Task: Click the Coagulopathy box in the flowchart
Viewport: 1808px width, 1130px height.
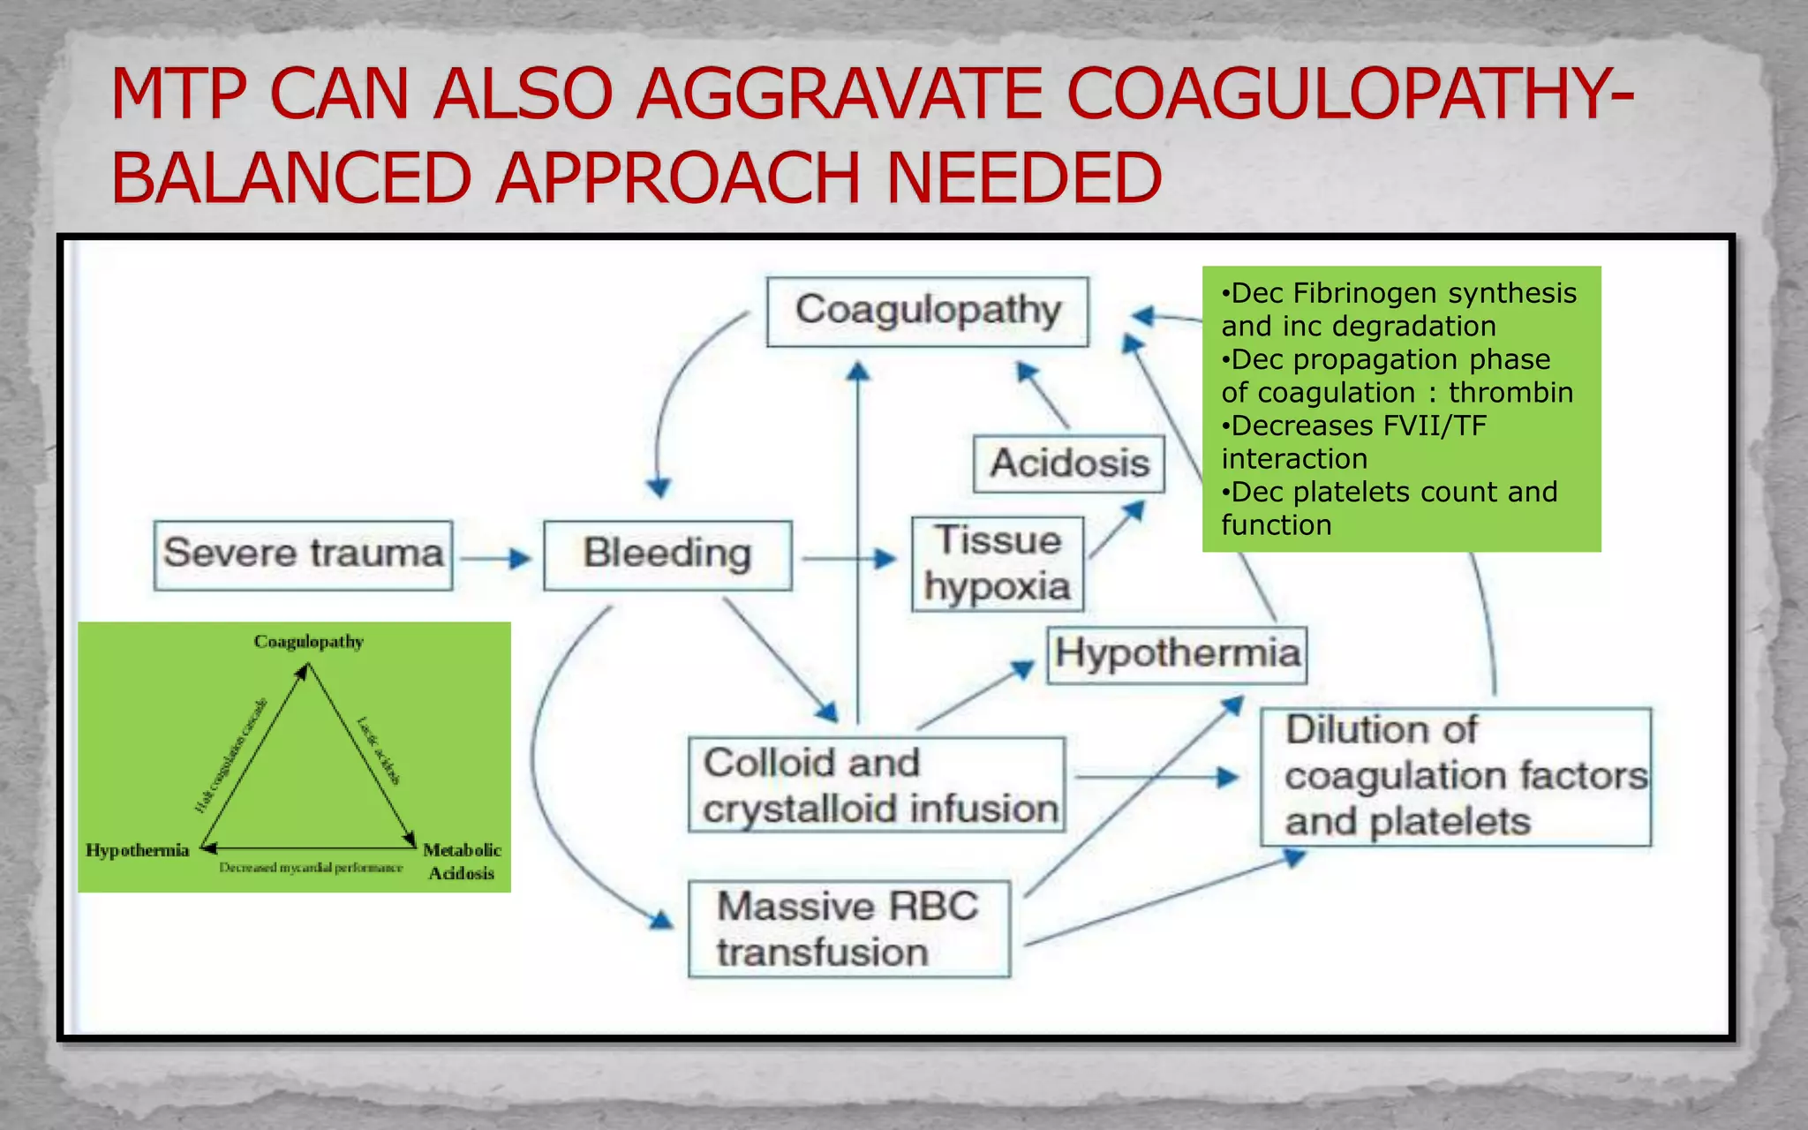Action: click(927, 312)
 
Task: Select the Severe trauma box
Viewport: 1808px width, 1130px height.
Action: click(303, 554)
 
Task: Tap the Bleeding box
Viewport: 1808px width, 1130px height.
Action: click(667, 554)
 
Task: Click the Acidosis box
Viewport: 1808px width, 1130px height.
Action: click(1069, 463)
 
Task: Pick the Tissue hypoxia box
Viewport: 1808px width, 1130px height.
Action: click(998, 563)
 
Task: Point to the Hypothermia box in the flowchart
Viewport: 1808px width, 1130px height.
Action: click(1177, 654)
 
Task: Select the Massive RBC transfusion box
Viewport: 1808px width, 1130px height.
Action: click(848, 929)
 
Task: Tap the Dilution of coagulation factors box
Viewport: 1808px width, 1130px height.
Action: click(1455, 776)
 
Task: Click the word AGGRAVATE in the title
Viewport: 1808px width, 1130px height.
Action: click(840, 94)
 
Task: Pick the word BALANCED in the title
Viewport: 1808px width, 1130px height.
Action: click(291, 177)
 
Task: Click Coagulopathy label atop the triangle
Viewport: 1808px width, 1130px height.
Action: click(308, 641)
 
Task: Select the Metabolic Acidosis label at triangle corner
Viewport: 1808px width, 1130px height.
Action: click(462, 861)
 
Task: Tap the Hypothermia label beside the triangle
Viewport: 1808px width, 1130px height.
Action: click(138, 850)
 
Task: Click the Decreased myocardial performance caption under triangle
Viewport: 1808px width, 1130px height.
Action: click(311, 868)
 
